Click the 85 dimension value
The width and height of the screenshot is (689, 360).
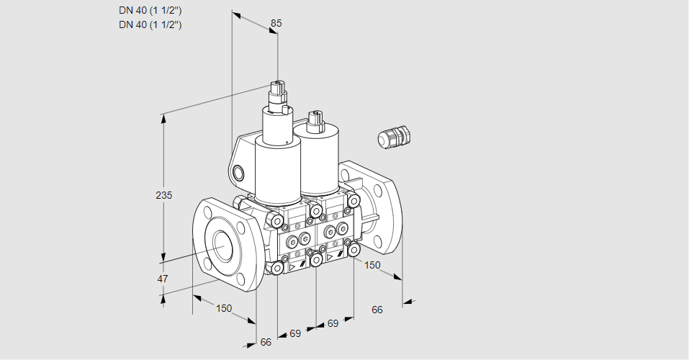[276, 23]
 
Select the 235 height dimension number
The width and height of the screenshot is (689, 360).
[164, 194]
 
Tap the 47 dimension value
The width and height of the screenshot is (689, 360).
[163, 279]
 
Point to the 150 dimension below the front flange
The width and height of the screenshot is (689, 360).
[224, 308]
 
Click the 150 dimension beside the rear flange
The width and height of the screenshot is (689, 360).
[372, 265]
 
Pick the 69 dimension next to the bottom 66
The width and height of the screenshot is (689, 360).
[295, 333]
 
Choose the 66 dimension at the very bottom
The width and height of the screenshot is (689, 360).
[266, 342]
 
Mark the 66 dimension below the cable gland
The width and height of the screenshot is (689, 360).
[377, 310]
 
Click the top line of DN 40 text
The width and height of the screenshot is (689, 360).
[150, 11]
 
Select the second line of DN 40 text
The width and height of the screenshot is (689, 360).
[150, 24]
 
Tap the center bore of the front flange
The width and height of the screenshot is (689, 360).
[224, 244]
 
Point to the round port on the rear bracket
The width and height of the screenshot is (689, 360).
[238, 173]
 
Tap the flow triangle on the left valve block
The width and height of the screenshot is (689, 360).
[292, 267]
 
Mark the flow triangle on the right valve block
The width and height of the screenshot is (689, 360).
[330, 257]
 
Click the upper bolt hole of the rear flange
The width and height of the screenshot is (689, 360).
[377, 189]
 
